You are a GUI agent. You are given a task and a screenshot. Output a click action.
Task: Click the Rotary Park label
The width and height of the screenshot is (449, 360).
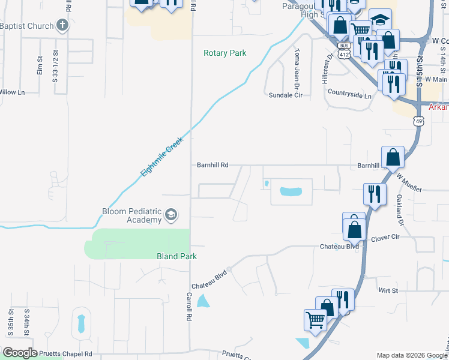pyautogui.click(x=225, y=53)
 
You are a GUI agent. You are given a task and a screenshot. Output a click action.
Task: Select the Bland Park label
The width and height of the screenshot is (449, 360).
pyautogui.click(x=176, y=256)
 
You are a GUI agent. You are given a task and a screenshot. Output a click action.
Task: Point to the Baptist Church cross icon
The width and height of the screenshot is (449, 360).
pyautogui.click(x=62, y=25)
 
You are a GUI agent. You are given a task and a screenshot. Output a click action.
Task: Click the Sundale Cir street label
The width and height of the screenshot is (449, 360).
pyautogui.click(x=285, y=95)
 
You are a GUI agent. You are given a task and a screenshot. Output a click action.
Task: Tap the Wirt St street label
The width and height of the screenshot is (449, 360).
pyautogui.click(x=388, y=291)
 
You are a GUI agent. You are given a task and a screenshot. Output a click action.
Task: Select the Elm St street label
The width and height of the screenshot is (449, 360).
pyautogui.click(x=40, y=65)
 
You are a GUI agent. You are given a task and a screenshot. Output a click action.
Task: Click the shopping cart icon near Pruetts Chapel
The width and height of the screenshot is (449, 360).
pyautogui.click(x=315, y=320)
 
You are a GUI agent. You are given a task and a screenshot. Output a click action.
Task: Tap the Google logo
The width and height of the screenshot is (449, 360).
pyautogui.click(x=20, y=353)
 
